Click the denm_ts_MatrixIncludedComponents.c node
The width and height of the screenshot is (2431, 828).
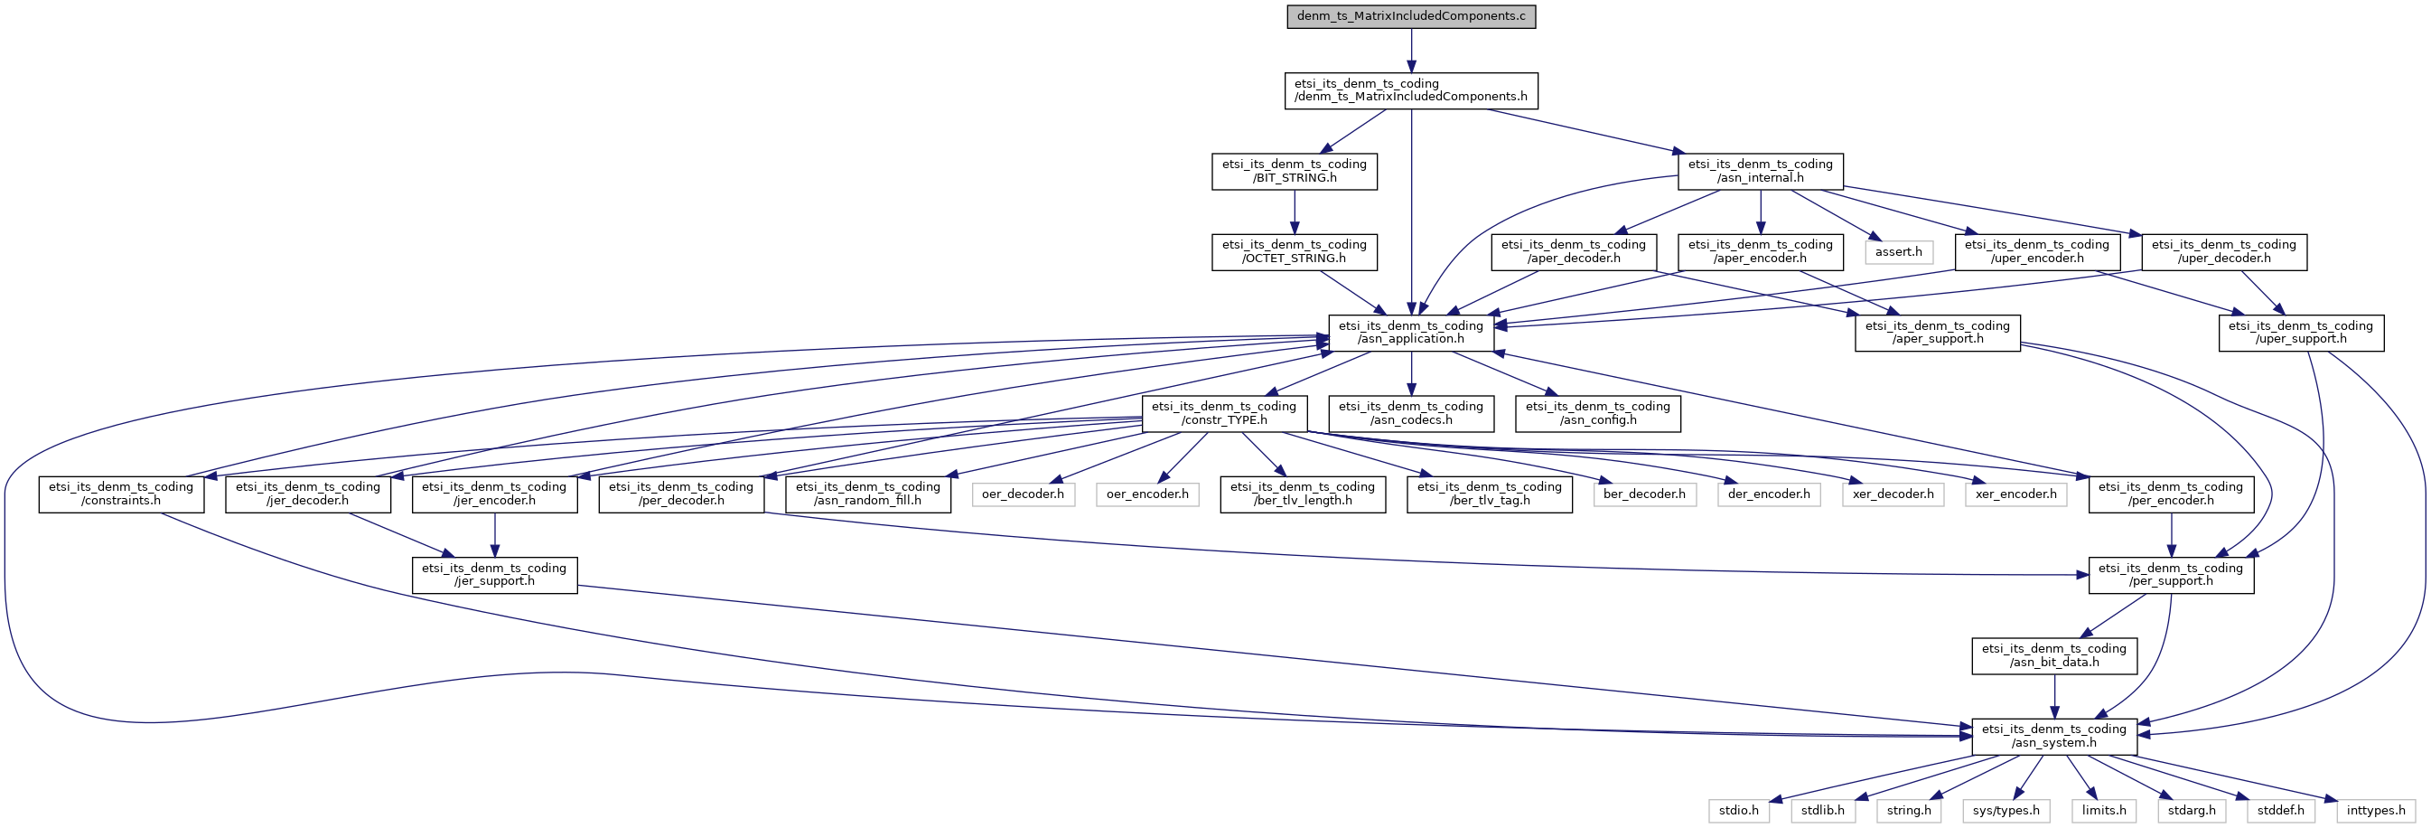(x=1411, y=16)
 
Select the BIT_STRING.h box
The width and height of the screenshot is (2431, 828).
(x=1294, y=171)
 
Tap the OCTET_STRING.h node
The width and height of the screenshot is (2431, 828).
(x=1294, y=251)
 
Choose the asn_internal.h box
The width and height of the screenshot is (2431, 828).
(x=1760, y=171)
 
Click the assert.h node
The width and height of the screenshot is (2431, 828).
(x=1898, y=252)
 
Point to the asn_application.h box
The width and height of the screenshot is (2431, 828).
(x=1411, y=333)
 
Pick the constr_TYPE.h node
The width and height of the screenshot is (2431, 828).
(x=1224, y=412)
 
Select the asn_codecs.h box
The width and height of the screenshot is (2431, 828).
(x=1411, y=412)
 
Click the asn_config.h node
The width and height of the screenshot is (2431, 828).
(x=1598, y=412)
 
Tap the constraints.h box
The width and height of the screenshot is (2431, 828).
(x=121, y=494)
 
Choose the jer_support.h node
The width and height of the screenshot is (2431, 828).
(x=494, y=574)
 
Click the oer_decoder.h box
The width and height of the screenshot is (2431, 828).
(x=1023, y=494)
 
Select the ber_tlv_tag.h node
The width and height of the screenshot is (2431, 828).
(x=1489, y=494)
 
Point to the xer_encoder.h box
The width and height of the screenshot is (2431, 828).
(x=2015, y=494)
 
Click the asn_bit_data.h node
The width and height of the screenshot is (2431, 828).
(x=2054, y=655)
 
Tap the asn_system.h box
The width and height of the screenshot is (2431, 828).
(x=2054, y=736)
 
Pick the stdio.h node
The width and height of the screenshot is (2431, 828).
(x=1738, y=810)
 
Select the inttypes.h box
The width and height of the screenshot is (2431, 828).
(x=2375, y=810)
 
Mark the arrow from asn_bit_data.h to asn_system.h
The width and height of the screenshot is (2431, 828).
(x=2054, y=696)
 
